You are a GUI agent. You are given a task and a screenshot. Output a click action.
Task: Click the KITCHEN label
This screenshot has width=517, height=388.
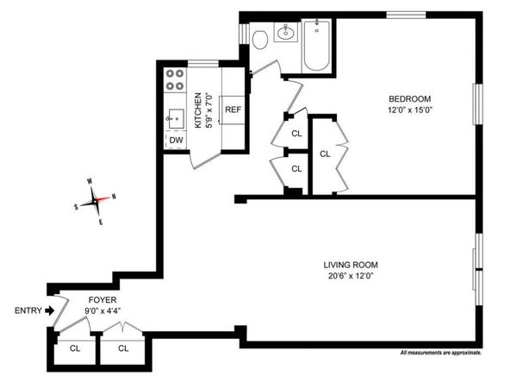pos(197,110)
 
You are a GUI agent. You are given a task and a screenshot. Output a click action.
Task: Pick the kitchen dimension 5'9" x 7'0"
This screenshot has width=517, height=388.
pos(208,110)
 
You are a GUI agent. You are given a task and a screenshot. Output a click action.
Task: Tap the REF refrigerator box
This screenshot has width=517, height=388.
pos(233,110)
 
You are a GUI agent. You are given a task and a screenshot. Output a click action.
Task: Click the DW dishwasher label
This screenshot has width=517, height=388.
pos(176,140)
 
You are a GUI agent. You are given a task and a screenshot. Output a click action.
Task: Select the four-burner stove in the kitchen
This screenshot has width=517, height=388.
pos(176,79)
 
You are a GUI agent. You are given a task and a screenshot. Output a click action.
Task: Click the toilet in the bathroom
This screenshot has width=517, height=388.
pos(258,37)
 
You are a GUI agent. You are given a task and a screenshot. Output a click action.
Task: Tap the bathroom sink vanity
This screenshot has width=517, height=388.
pos(285,34)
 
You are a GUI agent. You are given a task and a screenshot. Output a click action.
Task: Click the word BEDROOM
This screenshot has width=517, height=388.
pos(408,98)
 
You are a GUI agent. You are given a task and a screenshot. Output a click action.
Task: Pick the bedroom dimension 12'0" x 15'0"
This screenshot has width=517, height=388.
pos(408,110)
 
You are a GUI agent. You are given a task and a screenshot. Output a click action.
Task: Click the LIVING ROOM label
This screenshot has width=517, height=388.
pos(351,265)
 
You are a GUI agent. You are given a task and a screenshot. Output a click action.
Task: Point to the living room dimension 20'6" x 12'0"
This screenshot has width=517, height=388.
pos(351,276)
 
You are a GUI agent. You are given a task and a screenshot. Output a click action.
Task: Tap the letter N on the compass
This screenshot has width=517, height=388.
pos(115,196)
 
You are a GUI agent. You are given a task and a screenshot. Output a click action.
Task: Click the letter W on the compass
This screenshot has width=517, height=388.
pos(89,181)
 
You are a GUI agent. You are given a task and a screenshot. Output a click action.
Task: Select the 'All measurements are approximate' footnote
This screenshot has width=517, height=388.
pos(440,354)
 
